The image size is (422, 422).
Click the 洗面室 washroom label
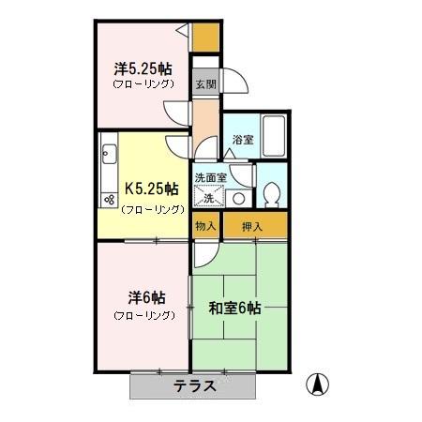tap(210, 176)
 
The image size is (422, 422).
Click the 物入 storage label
tap(205, 227)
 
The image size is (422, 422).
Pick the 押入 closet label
tap(252, 227)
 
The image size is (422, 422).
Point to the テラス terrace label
tap(195, 385)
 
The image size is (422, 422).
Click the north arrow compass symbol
tap(319, 384)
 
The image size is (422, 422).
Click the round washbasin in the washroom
tap(238, 198)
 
